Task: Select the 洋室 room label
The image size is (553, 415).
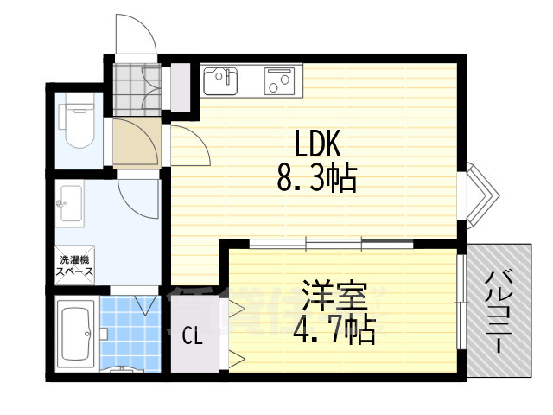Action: pos(335,297)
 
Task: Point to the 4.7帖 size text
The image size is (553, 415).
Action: pos(335,329)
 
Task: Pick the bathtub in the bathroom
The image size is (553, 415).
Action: pos(76,333)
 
